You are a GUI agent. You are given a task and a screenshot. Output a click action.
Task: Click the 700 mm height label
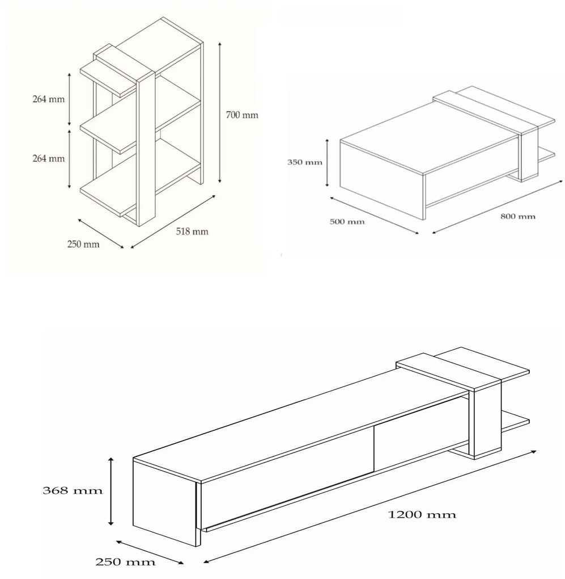pyautogui.click(x=242, y=115)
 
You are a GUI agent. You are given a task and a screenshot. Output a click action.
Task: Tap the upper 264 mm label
pyautogui.click(x=49, y=99)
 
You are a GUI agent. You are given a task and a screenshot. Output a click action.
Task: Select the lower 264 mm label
pyautogui.click(x=49, y=158)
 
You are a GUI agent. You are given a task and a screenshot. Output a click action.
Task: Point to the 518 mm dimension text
pyautogui.click(x=192, y=232)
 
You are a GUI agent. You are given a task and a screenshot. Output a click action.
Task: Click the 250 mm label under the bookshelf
pyautogui.click(x=83, y=244)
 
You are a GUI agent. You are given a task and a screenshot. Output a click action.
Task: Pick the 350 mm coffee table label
pyautogui.click(x=305, y=162)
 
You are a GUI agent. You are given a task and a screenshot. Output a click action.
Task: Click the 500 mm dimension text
pyautogui.click(x=347, y=221)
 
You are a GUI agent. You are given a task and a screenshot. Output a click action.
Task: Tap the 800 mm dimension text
pyautogui.click(x=518, y=216)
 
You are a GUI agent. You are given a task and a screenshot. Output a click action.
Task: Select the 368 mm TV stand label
pyautogui.click(x=73, y=490)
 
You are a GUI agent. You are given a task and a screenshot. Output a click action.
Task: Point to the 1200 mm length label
pyautogui.click(x=422, y=514)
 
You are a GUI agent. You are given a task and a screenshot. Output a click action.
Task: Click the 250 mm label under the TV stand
pyautogui.click(x=125, y=562)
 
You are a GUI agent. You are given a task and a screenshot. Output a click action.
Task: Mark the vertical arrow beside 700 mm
pyautogui.click(x=220, y=112)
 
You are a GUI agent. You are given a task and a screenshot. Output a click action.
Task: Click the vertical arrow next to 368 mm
pyautogui.click(x=111, y=491)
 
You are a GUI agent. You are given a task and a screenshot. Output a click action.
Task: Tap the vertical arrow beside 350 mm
pyautogui.click(x=327, y=162)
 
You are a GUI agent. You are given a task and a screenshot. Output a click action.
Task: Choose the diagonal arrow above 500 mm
pyautogui.click(x=374, y=215)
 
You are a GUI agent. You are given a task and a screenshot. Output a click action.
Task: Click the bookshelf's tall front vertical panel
pyautogui.click(x=146, y=149)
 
